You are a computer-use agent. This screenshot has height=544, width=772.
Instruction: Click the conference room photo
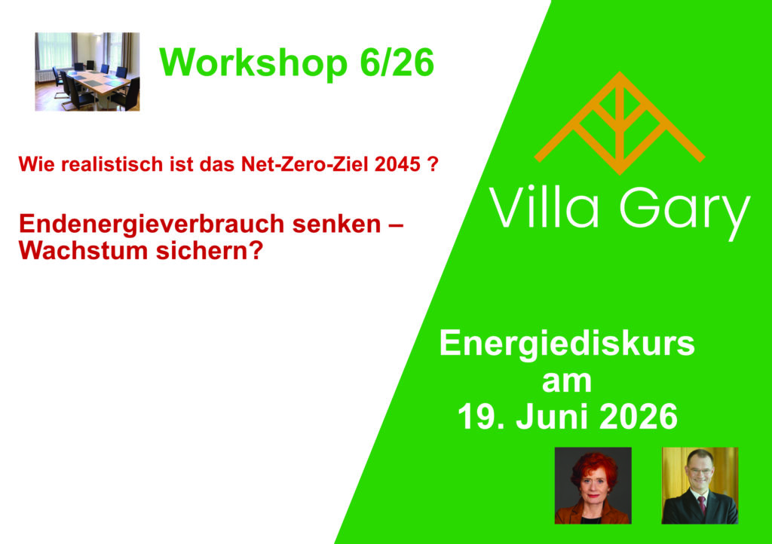coord(87,72)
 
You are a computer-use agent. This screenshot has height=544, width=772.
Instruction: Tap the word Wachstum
coord(83,251)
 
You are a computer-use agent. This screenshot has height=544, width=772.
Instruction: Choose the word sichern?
coord(210,251)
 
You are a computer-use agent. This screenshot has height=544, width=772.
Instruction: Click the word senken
coord(337,225)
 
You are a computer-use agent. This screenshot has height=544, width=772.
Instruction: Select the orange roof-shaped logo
coord(620,123)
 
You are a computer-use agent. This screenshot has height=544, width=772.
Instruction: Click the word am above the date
coord(567,382)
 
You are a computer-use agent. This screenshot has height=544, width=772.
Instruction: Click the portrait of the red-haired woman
coord(593,485)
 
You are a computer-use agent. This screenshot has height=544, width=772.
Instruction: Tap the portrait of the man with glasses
coord(700,485)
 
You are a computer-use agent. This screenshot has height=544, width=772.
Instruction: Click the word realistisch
coord(105,164)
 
